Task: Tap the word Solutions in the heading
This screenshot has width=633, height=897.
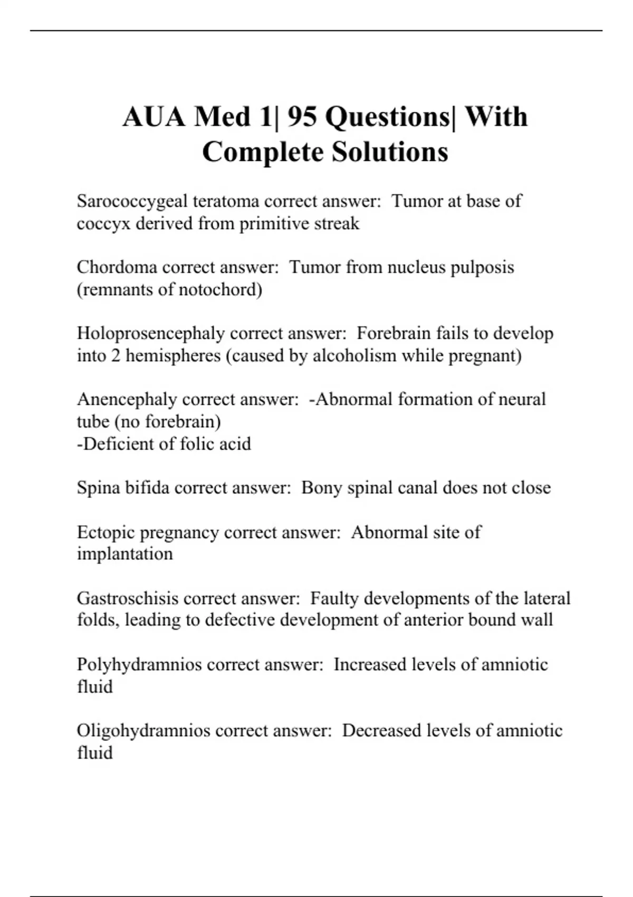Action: tap(390, 152)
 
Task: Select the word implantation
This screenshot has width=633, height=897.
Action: tap(125, 554)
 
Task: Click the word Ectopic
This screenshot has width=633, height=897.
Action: tap(105, 532)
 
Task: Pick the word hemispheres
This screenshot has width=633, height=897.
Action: tap(172, 356)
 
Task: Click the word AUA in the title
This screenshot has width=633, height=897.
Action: tap(154, 117)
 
